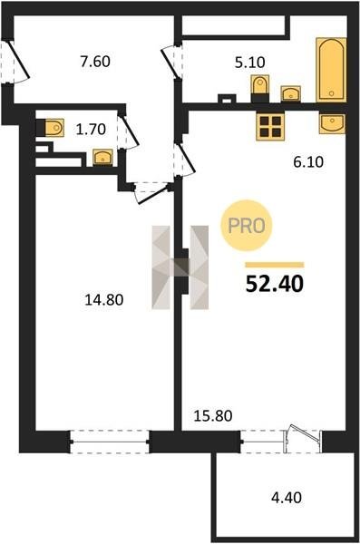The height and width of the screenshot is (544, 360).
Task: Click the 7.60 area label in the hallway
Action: [x=95, y=62]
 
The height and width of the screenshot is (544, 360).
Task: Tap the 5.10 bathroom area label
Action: [x=249, y=63]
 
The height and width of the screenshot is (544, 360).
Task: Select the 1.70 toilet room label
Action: [x=91, y=129]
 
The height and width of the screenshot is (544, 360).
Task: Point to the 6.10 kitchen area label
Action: [x=308, y=162]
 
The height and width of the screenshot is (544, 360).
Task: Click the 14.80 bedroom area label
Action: [x=104, y=300]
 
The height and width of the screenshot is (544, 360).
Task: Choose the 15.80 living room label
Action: [x=213, y=415]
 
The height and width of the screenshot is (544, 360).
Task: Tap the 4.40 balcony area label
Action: [x=287, y=498]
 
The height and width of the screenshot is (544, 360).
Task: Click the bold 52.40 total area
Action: [x=275, y=284]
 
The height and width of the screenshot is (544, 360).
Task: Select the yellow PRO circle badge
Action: [x=247, y=226]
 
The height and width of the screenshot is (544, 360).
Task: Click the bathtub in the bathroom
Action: [x=331, y=70]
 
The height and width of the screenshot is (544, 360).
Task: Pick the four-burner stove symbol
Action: [x=270, y=126]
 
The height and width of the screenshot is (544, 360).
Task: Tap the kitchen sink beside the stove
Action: [x=333, y=123]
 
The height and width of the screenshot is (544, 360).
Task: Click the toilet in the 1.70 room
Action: [x=51, y=128]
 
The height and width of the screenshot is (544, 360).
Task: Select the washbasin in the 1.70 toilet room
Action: [x=102, y=158]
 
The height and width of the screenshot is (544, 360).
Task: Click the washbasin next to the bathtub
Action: [x=290, y=93]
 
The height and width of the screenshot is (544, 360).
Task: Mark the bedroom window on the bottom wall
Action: [x=110, y=442]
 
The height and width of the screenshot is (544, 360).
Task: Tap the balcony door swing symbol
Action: [x=302, y=438]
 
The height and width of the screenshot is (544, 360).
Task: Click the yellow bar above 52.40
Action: [x=275, y=265]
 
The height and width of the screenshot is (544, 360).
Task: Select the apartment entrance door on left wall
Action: [x=15, y=62]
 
